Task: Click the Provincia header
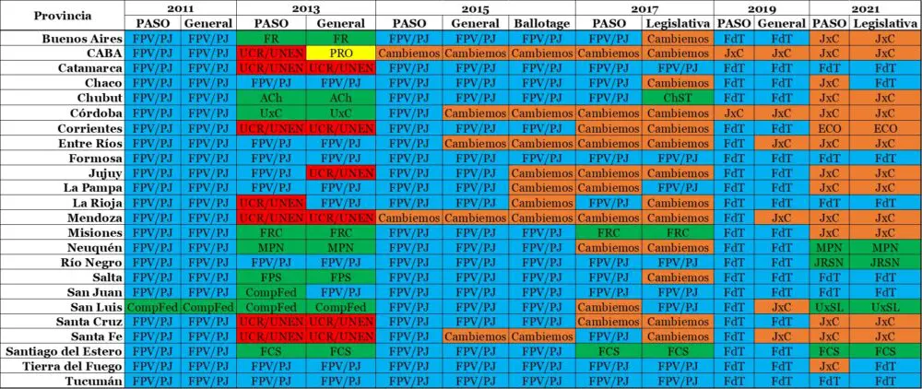coord(62,16)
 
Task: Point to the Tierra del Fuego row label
coord(77,366)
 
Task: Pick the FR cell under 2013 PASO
coord(271,39)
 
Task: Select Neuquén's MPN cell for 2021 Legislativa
coord(884,247)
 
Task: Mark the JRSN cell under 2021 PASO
coord(828,262)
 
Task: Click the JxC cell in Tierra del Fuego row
coord(828,366)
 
